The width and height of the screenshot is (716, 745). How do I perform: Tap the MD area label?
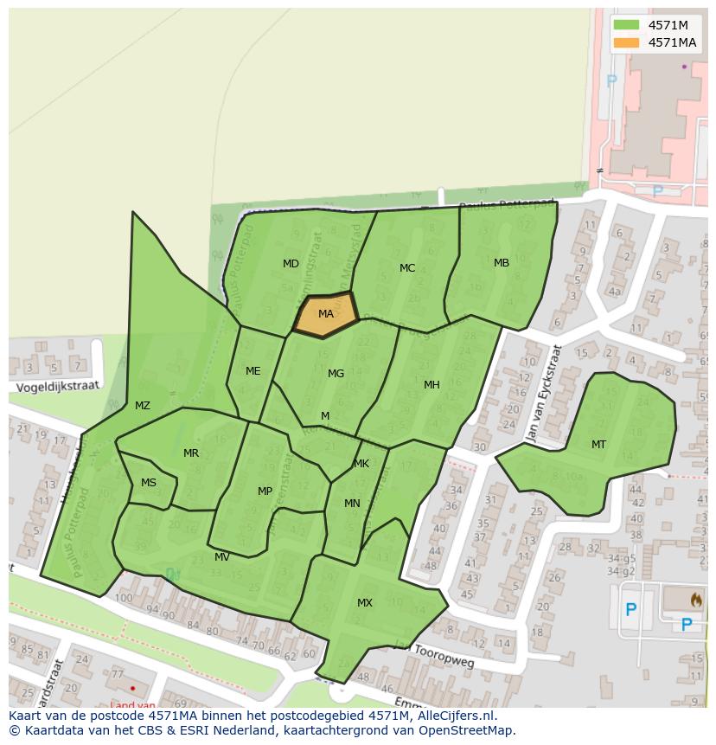(x=291, y=263)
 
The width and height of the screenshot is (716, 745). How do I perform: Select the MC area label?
(x=407, y=268)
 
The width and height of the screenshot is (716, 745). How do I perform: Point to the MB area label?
(x=502, y=263)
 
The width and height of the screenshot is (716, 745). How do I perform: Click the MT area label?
(x=598, y=445)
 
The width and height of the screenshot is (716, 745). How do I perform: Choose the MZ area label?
(x=143, y=406)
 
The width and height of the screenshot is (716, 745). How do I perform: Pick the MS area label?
(x=149, y=483)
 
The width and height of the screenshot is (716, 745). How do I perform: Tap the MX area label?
(x=365, y=603)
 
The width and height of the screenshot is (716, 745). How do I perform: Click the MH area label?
(x=432, y=385)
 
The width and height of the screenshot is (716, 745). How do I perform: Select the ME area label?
(x=253, y=371)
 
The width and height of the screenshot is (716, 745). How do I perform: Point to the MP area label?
(x=265, y=491)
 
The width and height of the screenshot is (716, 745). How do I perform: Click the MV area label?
(x=222, y=557)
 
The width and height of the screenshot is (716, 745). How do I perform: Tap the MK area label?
(x=361, y=464)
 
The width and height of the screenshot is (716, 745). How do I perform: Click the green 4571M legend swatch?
(x=627, y=24)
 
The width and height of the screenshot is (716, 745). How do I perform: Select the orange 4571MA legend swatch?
(x=627, y=42)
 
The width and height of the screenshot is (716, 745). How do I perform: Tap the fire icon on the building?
(x=696, y=598)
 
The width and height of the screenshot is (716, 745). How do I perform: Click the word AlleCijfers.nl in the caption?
(x=454, y=716)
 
